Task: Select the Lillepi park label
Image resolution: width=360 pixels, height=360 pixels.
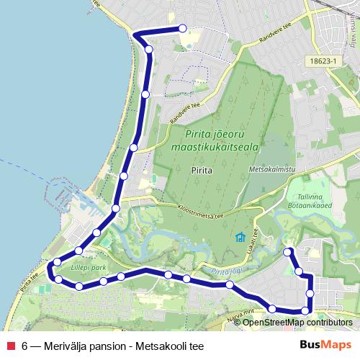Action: point(89,267)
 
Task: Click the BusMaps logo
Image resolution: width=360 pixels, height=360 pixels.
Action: point(325,345)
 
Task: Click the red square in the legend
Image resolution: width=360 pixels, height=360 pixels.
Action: point(10,346)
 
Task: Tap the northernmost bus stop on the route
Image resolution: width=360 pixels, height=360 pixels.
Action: point(182,28)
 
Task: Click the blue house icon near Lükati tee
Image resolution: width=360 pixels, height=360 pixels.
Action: point(240,238)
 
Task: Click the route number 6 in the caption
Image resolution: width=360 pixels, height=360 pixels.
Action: point(25,346)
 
